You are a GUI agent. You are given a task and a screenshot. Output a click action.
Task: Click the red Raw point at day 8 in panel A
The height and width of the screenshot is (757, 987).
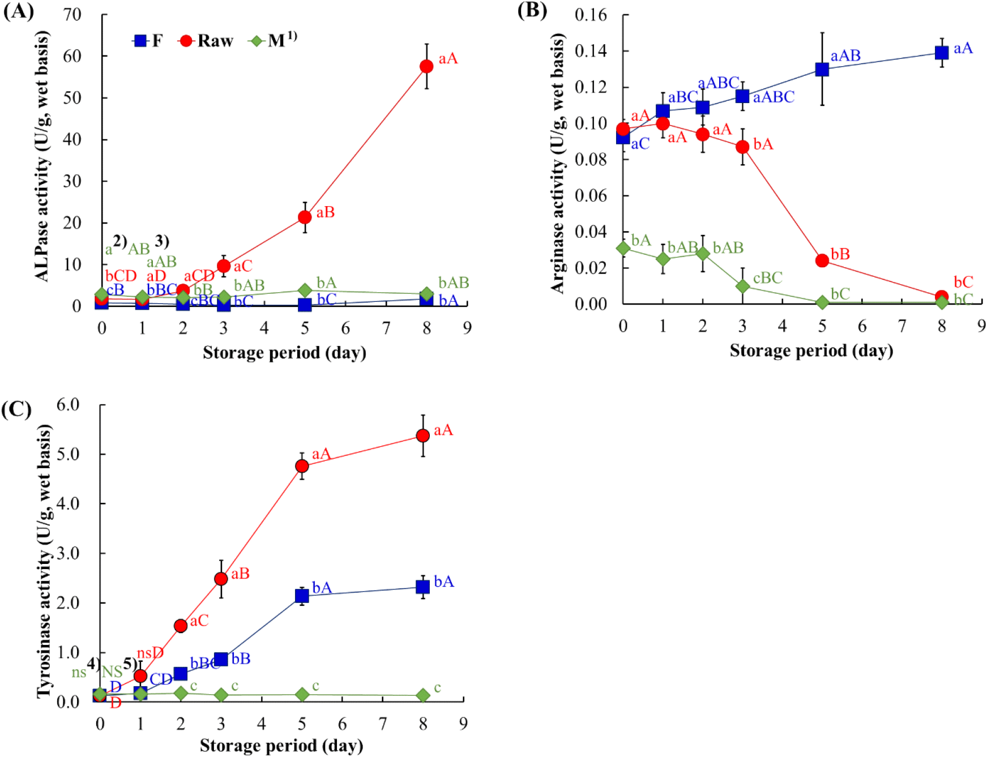point(426,66)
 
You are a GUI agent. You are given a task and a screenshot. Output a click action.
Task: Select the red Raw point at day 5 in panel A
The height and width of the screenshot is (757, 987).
point(305,217)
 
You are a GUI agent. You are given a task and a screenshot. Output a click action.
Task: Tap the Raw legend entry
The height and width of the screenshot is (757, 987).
point(206,41)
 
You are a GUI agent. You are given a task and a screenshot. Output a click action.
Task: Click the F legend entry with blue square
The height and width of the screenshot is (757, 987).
point(148,41)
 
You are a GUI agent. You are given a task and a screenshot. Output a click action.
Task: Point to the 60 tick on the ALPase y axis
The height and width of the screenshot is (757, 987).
point(72,56)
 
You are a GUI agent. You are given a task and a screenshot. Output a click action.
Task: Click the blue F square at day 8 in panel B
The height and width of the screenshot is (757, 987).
point(941,53)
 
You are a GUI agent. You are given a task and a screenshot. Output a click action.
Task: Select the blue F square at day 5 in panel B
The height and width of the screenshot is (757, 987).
point(822,69)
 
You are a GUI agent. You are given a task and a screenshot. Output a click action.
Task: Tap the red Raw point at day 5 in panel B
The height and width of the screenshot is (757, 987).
point(822,260)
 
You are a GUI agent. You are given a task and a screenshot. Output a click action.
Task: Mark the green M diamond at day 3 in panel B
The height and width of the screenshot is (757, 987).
point(742,286)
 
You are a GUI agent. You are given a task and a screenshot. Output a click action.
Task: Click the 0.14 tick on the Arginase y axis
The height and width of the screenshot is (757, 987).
point(591,51)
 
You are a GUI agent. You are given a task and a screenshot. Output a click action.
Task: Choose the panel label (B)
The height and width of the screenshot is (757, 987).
point(532,10)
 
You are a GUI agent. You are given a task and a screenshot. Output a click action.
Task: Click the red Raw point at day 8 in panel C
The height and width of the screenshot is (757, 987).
point(422,435)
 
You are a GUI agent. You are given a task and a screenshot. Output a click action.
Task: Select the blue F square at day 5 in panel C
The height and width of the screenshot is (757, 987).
point(302,596)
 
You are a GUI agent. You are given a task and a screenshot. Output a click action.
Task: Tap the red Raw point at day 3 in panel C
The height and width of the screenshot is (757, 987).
point(221,579)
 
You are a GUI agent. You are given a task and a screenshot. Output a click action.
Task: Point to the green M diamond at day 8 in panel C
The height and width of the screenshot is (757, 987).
point(422,695)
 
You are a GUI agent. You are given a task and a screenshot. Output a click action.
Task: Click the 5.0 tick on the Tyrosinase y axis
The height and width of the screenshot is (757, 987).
point(68,454)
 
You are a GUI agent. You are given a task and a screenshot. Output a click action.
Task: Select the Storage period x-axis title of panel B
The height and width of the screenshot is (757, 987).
point(811,350)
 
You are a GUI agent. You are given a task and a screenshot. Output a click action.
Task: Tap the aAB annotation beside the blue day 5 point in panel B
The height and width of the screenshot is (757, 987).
point(845,55)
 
